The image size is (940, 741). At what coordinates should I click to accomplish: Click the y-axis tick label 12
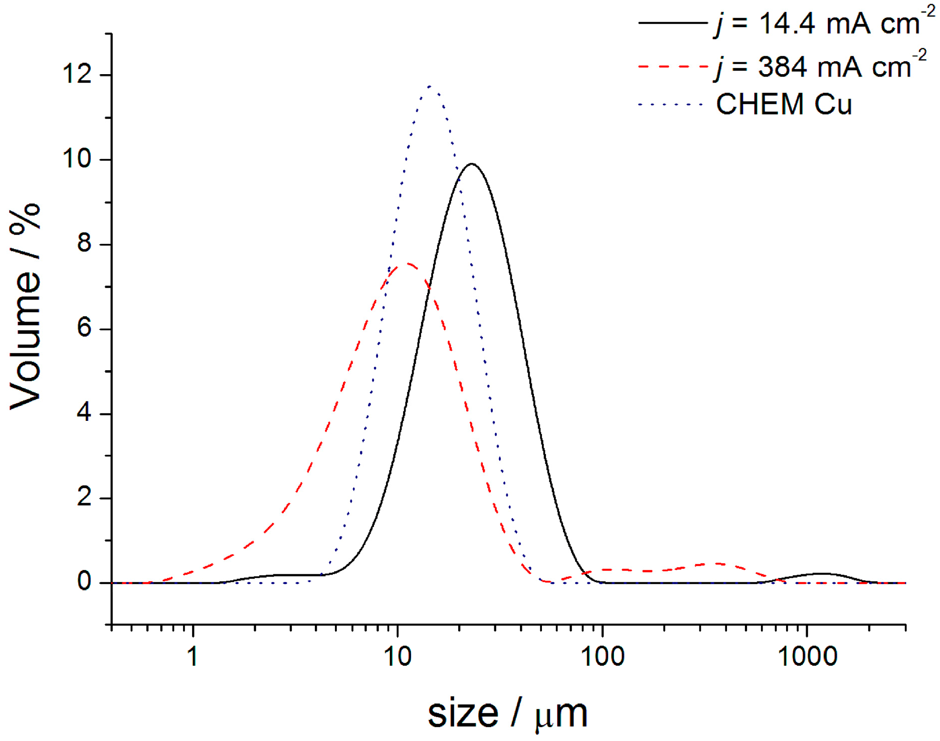77,75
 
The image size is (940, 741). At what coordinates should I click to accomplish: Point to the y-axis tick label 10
77,159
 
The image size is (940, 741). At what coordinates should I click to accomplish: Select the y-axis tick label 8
84,244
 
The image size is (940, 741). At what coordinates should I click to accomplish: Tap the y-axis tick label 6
84,329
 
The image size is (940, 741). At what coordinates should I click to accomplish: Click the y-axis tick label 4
84,413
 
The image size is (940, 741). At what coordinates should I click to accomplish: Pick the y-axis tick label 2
84,498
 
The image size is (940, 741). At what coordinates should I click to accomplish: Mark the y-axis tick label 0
84,583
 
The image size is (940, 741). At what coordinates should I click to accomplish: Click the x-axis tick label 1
193,656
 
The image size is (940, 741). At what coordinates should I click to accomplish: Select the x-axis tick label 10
398,656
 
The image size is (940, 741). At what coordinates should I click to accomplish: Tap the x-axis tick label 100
602,656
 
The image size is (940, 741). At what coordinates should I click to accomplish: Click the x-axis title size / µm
507,713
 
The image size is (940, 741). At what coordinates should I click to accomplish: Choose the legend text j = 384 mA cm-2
820,66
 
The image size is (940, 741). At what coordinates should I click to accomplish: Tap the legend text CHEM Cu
784,104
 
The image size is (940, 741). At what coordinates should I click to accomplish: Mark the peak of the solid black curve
472,164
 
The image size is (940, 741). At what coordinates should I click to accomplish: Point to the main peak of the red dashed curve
408,263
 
